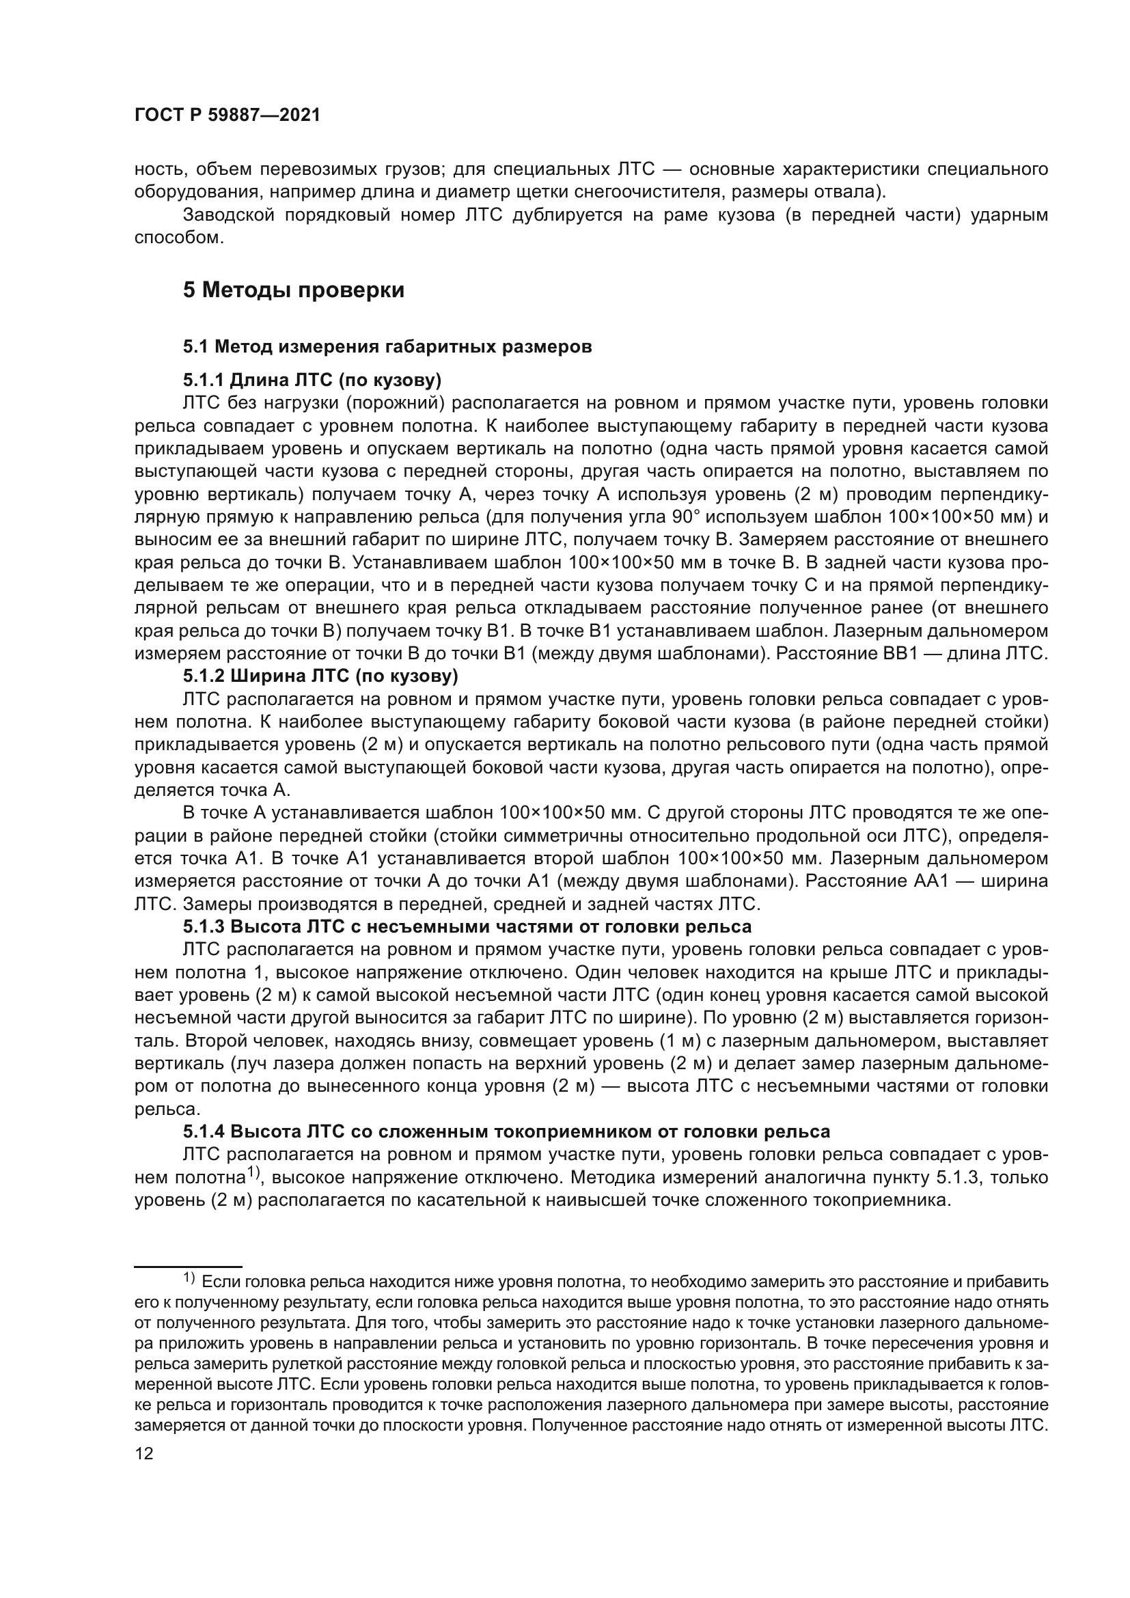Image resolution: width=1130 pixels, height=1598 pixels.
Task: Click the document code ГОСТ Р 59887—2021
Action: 227,115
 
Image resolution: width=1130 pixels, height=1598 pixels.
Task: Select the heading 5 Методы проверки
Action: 293,290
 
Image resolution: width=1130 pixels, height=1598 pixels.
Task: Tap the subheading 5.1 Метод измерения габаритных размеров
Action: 387,346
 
